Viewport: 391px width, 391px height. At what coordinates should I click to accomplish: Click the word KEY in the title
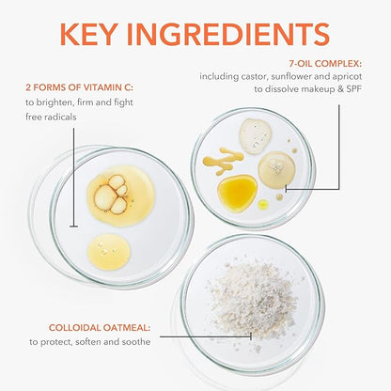click(x=87, y=34)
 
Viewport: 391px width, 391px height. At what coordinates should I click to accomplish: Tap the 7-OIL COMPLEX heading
click(x=325, y=64)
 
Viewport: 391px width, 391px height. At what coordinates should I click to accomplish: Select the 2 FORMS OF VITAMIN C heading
click(x=79, y=87)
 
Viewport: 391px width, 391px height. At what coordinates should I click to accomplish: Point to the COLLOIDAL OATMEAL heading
click(x=100, y=328)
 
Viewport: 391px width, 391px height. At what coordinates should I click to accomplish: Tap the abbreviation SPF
click(x=353, y=89)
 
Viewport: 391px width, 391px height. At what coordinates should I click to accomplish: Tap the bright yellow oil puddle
click(x=237, y=193)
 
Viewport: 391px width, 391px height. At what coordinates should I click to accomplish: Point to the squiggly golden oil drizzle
click(x=224, y=161)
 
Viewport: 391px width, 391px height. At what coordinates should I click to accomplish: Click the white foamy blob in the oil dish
click(x=256, y=136)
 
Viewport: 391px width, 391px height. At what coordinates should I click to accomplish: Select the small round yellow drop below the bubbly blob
click(x=109, y=252)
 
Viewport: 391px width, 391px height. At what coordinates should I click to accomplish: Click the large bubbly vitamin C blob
click(x=120, y=192)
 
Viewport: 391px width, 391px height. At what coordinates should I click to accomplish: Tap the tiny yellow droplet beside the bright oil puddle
click(x=263, y=204)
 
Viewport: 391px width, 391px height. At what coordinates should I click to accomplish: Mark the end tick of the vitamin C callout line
click(x=73, y=226)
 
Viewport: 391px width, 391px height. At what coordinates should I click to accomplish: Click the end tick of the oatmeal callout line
click(x=251, y=336)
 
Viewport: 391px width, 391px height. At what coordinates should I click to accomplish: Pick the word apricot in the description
click(x=348, y=77)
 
